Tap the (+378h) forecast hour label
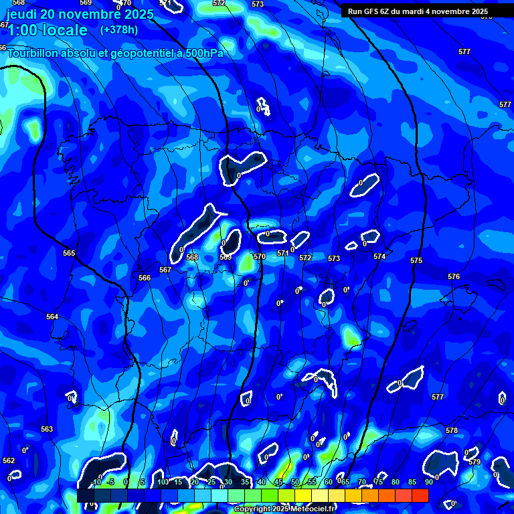point(120,30)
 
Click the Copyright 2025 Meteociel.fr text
point(285,509)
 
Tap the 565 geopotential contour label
point(69,253)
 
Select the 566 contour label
point(145,278)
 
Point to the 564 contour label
point(52,317)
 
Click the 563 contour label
point(47,429)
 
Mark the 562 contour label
point(8,460)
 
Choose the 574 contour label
point(379,256)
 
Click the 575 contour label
point(416,260)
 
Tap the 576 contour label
point(454,276)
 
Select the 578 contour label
point(452,430)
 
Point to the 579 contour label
point(475,462)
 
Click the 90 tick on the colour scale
point(428,482)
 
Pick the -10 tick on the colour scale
point(96,482)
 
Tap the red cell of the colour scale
point(420,495)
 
